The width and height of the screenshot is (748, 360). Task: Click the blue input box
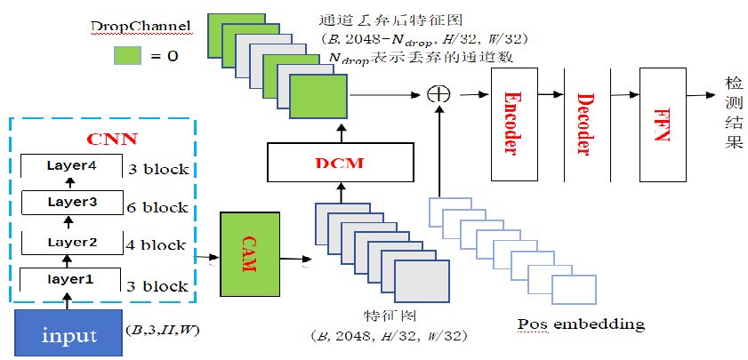click(x=69, y=334)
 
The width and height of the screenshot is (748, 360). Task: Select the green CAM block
click(x=249, y=254)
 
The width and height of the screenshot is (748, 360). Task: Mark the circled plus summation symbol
click(x=437, y=93)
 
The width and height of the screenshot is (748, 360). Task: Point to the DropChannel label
click(x=141, y=27)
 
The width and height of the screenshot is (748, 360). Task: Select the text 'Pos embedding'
click(x=581, y=324)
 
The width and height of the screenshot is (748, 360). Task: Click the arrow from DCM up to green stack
click(x=341, y=132)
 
